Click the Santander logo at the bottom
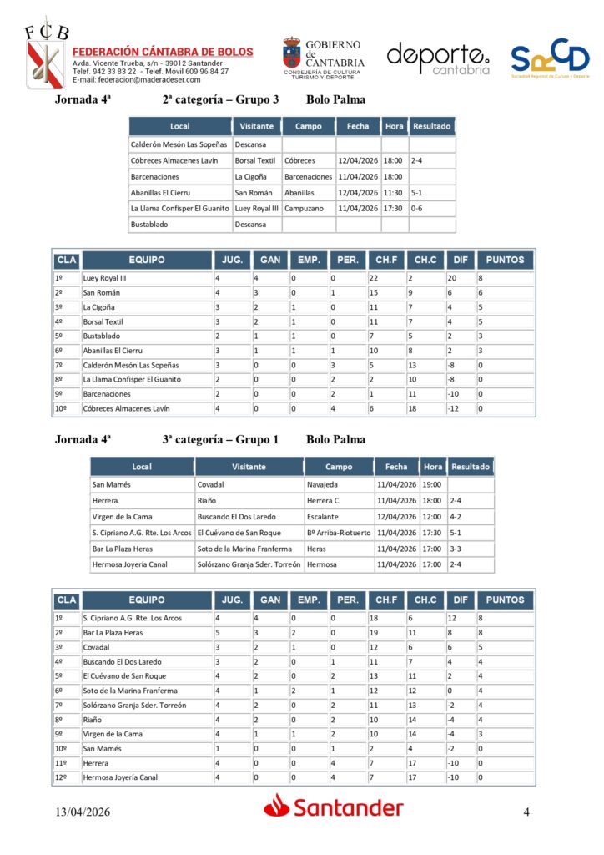click(334, 806)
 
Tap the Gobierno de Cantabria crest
click(292, 53)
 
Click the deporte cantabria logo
click(438, 58)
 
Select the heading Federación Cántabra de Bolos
click(163, 52)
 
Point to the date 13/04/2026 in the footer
click(83, 812)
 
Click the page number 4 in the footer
click(526, 812)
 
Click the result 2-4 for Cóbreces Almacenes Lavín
click(417, 160)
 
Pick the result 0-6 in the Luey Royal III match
click(417, 208)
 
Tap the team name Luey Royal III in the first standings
click(106, 278)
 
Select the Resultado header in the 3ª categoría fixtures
click(471, 467)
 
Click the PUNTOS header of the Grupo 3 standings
click(505, 260)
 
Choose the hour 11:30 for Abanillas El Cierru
click(392, 192)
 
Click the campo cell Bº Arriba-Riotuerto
click(339, 532)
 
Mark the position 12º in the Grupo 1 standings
click(59, 777)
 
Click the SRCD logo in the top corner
click(550, 58)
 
